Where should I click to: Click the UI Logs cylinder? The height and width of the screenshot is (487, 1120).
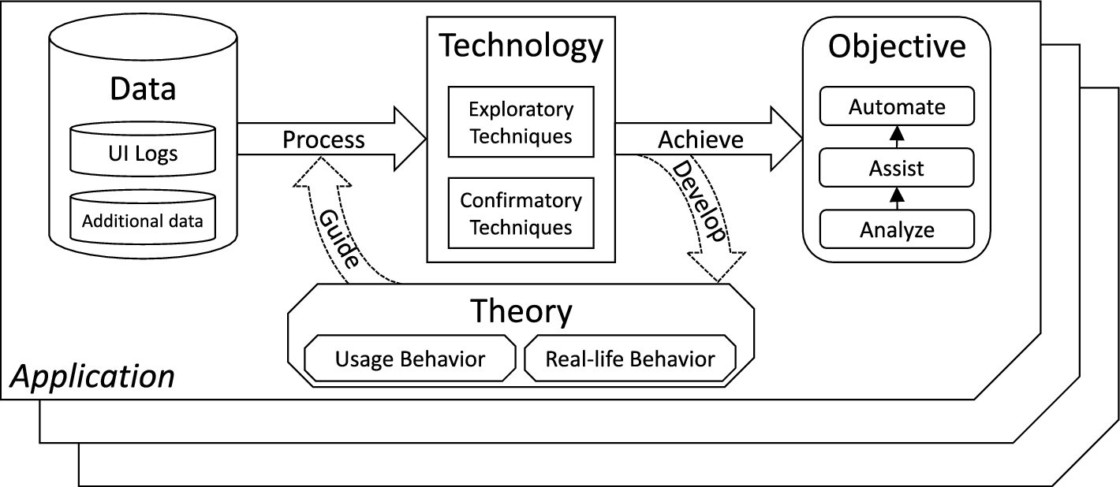tap(143, 151)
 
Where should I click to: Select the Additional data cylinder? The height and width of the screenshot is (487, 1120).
tap(143, 220)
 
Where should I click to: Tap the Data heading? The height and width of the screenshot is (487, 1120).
tap(143, 89)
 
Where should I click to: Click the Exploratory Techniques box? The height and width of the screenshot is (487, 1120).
tap(520, 122)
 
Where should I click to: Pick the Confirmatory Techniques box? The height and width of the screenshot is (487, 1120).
tap(520, 214)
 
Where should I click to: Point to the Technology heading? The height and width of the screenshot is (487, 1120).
tap(521, 46)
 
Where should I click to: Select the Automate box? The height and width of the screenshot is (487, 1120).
tap(896, 106)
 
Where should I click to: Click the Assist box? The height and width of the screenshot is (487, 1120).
tap(896, 168)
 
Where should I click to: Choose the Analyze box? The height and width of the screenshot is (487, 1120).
tap(896, 229)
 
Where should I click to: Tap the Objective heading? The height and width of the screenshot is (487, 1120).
tap(897, 46)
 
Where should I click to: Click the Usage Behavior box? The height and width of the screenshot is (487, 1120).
tap(410, 359)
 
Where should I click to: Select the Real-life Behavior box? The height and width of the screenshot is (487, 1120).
tap(629, 359)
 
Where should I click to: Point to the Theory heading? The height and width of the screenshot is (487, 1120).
tap(521, 312)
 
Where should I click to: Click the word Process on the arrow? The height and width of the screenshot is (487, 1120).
tap(323, 139)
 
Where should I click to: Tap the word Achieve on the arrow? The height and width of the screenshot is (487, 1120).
tap(700, 139)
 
